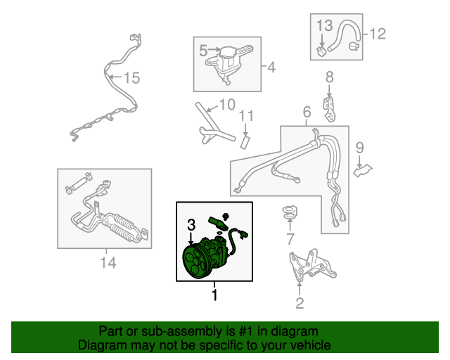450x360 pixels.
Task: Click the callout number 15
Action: pos(132,77)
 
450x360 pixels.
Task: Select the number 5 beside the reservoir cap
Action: pos(203,51)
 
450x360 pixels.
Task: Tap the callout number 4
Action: pos(271,67)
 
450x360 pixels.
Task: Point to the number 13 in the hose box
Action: pos(325,25)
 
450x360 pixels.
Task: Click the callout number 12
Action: pos(378,34)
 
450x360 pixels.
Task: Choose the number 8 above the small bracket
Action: pos(330,77)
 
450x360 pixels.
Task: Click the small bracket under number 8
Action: pos(330,110)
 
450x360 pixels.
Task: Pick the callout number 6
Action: pos(307,112)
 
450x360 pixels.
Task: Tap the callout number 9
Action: pos(359,148)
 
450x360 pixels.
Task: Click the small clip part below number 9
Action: pos(363,171)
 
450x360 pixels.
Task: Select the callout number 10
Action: pos(228,105)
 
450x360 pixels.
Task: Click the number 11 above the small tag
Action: pos(247,116)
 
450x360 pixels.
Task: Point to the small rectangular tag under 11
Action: pos(245,143)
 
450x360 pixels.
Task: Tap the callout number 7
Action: pos(290,239)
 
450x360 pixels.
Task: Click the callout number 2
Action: pos(300,303)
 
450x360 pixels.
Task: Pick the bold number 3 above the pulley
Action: pos(191,225)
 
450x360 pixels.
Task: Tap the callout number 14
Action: pos(108,263)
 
